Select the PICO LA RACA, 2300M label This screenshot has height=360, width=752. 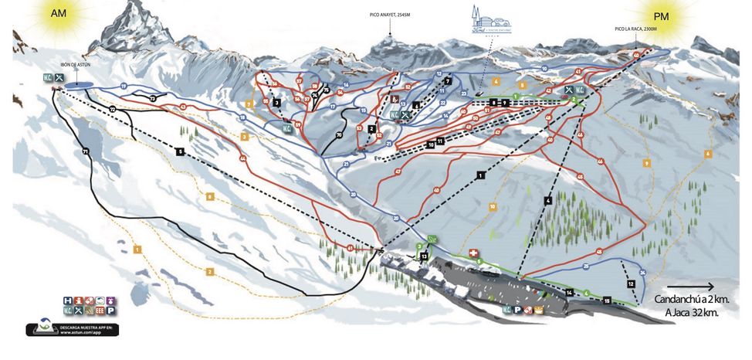[635, 29]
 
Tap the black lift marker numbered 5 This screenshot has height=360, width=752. [179, 151]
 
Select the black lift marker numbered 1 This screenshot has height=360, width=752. [481, 176]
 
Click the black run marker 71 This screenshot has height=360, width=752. [85, 151]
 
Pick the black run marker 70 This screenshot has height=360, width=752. [338, 135]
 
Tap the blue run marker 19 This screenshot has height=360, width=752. [124, 85]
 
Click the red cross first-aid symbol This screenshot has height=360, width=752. [474, 252]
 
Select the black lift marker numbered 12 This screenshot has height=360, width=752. [631, 284]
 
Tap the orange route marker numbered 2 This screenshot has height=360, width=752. [209, 271]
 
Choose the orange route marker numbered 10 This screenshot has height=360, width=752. [492, 206]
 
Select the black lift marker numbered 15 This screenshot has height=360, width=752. [607, 300]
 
